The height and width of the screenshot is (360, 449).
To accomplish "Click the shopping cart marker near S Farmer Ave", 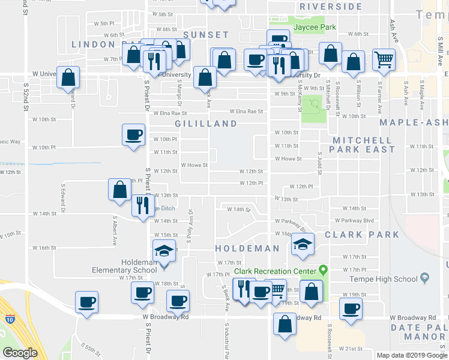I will pyautogui.click(x=383, y=59).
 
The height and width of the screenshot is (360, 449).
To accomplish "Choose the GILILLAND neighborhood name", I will pyautogui.click(x=206, y=124).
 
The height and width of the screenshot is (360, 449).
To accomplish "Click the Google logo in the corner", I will pyautogui.click(x=20, y=353).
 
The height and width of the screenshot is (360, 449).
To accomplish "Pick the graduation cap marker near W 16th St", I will pyautogui.click(x=303, y=244).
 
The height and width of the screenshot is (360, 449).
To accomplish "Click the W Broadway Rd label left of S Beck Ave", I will pyautogui.click(x=166, y=317).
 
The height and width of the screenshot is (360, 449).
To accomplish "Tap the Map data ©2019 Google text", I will pyautogui.click(x=411, y=355).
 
